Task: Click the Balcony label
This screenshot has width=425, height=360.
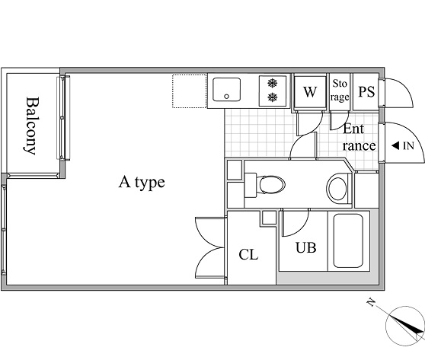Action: [30, 126]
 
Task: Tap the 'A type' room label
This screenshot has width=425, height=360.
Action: [142, 183]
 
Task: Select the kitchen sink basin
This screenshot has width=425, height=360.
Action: [227, 90]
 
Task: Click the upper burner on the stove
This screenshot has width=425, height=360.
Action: [273, 83]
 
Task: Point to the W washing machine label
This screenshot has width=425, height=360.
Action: [310, 92]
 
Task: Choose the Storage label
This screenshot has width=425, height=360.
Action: [340, 91]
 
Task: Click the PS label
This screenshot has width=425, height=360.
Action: [366, 91]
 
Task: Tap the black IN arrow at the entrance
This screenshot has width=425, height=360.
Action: [395, 145]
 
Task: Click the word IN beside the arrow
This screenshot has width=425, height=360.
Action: [409, 146]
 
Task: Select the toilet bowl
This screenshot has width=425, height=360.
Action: [271, 185]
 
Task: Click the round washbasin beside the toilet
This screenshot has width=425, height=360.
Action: [337, 189]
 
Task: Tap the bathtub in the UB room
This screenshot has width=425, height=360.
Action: [348, 241]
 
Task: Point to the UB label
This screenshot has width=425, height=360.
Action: [306, 247]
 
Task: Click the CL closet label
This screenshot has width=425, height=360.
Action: [248, 255]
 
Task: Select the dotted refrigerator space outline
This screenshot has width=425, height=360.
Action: [190, 91]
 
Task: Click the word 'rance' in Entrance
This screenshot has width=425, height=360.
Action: [359, 146]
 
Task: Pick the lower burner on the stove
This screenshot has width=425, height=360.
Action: [273, 97]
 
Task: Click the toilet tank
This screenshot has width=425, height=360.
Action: [251, 185]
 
